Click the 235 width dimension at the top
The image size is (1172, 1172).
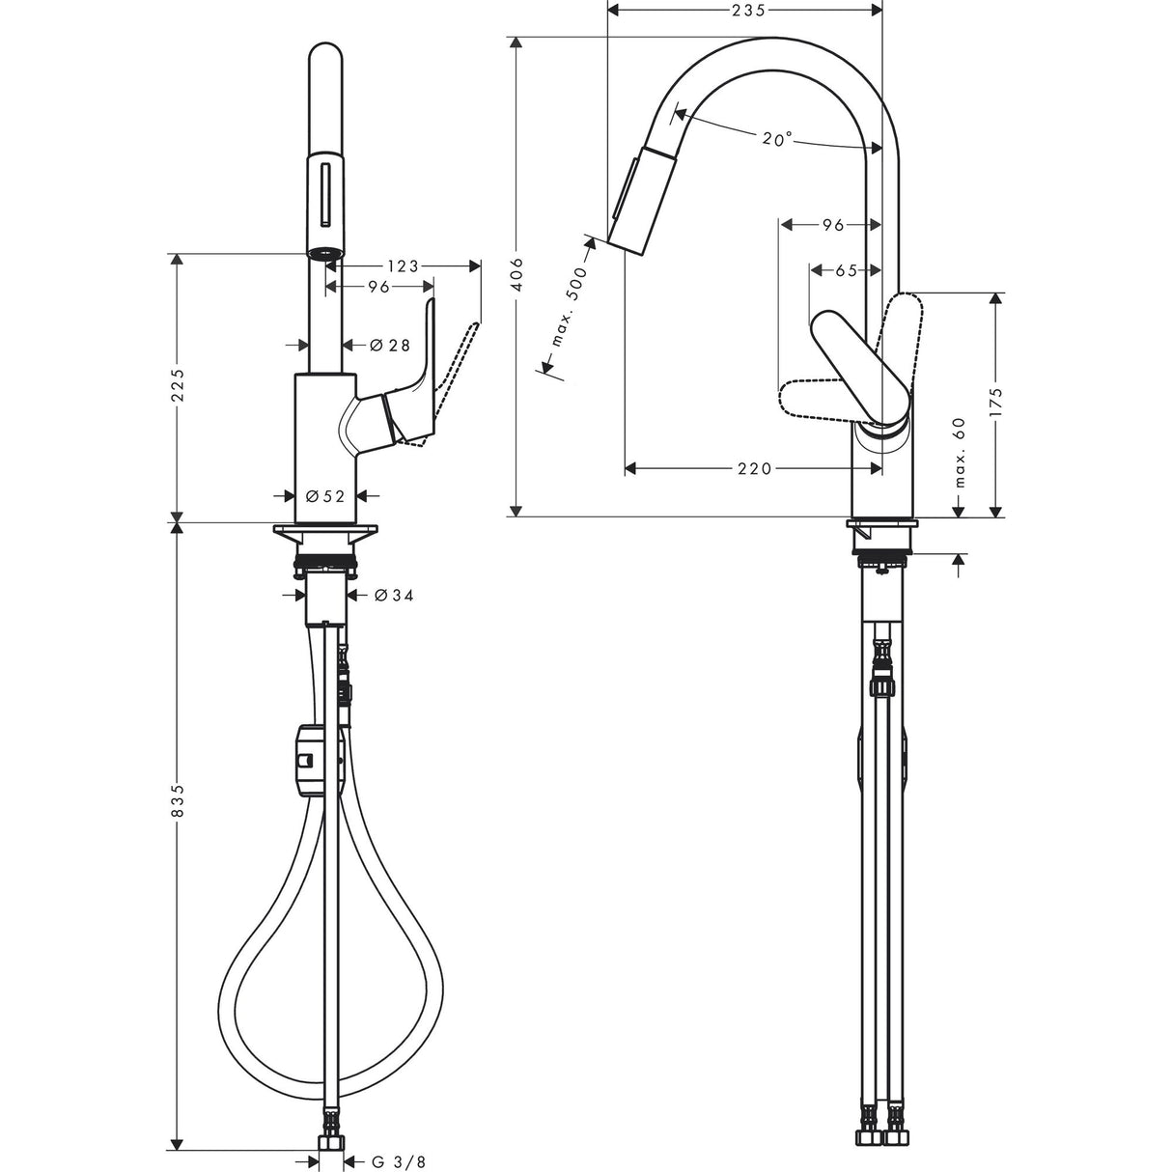(745, 11)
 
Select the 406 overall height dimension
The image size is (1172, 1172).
(517, 275)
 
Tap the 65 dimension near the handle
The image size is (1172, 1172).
(846, 271)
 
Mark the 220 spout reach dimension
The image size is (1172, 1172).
(754, 468)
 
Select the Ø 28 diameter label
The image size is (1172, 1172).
(391, 345)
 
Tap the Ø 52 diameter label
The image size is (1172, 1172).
(325, 495)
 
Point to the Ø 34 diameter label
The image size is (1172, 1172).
(392, 596)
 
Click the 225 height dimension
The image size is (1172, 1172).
(177, 388)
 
